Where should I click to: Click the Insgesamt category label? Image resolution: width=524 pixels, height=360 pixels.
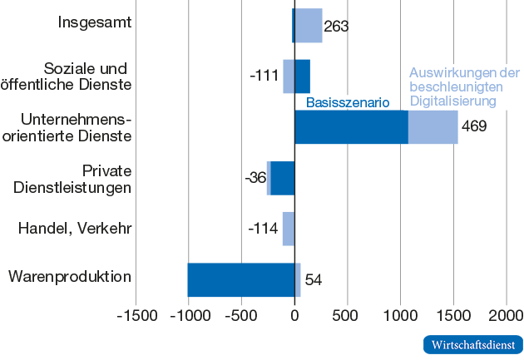coord(95,22)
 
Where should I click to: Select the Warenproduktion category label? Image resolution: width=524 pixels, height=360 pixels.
coord(70,276)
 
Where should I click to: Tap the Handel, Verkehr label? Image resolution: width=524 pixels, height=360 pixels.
coord(75,227)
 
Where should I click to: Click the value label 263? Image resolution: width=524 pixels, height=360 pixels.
coord(336,26)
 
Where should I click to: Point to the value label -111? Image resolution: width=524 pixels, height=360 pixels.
coord(264,76)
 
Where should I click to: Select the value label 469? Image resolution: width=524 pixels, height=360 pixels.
coord(473,126)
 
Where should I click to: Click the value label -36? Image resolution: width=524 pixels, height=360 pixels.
coord(255,178)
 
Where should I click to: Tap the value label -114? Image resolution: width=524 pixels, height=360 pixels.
coord(264,228)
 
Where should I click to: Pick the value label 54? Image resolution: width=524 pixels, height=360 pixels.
coord(314,279)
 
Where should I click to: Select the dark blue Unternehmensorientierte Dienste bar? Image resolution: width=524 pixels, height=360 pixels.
coord(351,127)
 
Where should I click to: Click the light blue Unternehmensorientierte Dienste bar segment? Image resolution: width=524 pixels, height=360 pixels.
coord(433,127)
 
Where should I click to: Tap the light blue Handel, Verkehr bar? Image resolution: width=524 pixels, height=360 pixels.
coord(288,229)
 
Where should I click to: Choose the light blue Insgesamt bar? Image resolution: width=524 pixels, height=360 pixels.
coord(309,26)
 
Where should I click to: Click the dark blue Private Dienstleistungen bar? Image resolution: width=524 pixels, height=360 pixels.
coord(282,178)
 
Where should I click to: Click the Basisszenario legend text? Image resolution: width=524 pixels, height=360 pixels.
coord(348,103)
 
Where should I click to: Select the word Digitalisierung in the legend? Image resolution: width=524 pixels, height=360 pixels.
coord(452,101)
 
